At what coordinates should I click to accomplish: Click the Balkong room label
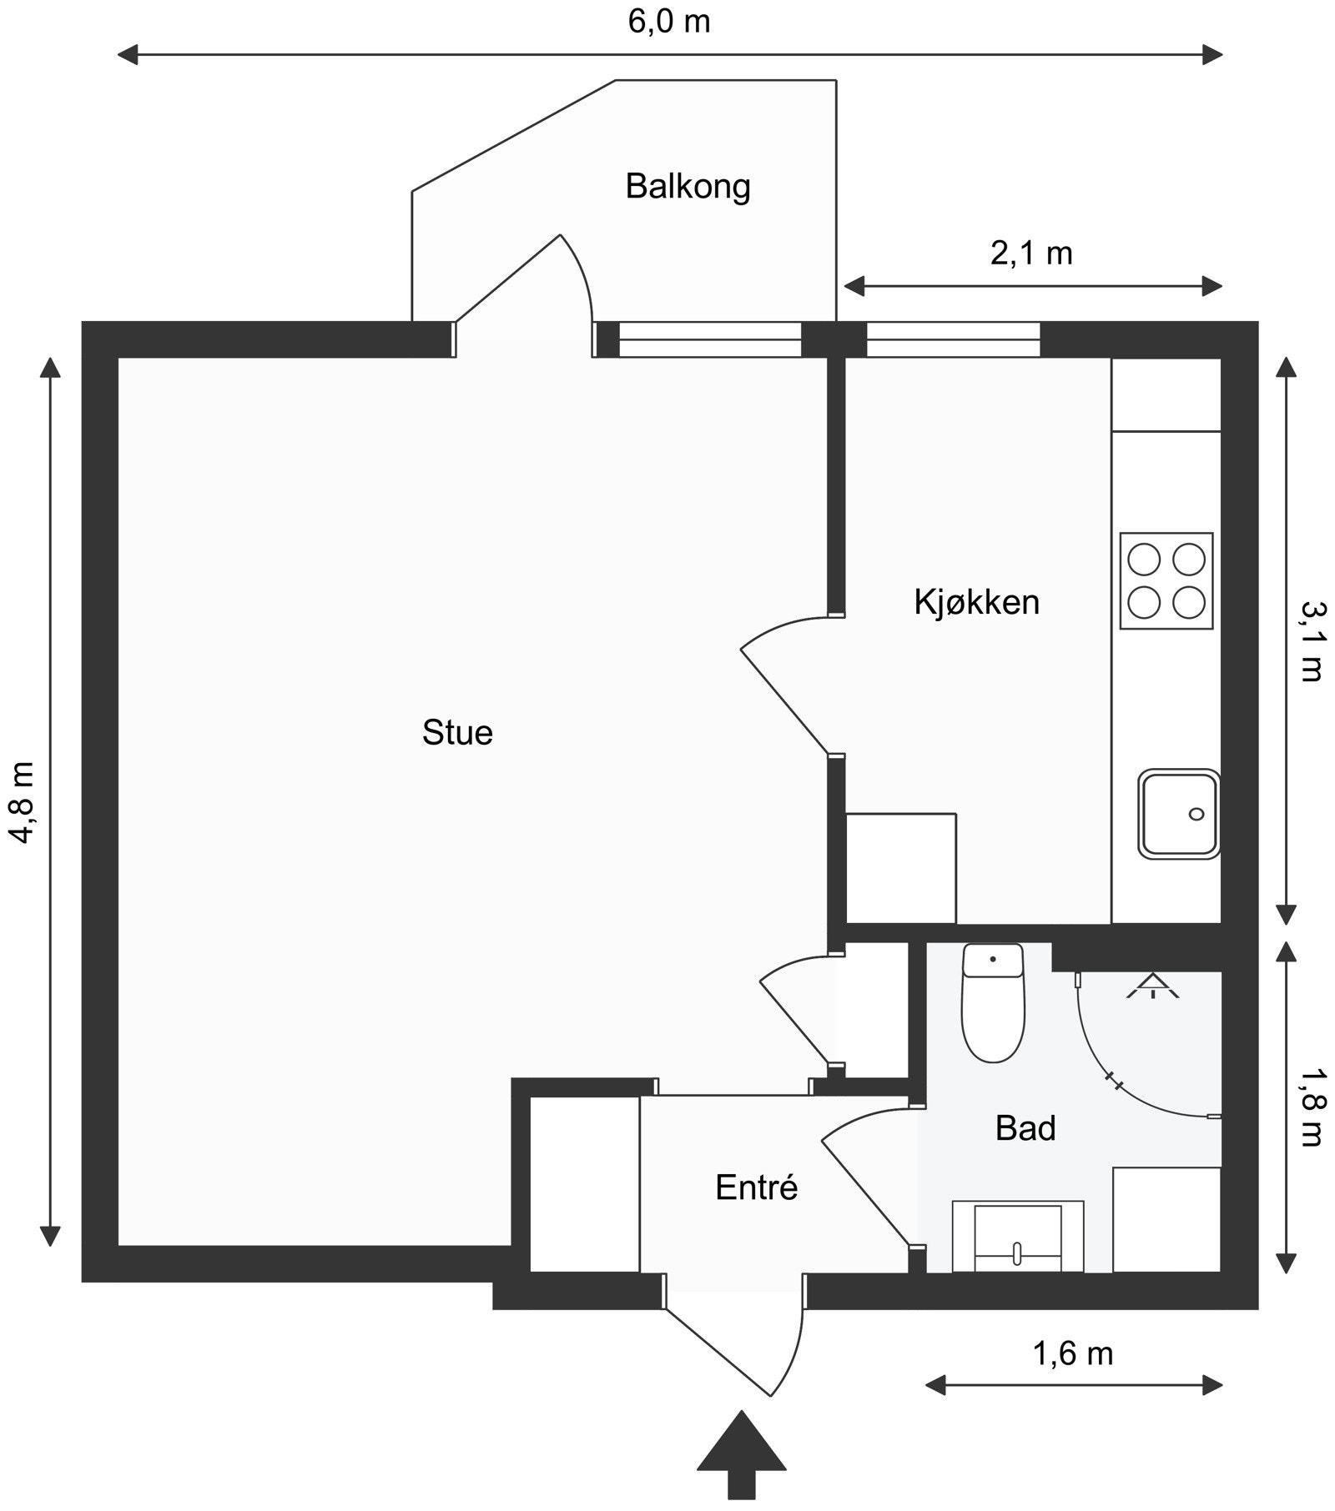click(x=688, y=187)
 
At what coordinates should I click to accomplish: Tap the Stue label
click(x=457, y=732)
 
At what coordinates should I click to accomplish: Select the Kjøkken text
click(x=977, y=602)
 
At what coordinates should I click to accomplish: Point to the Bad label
click(x=1025, y=1128)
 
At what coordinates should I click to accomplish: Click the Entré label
click(x=757, y=1187)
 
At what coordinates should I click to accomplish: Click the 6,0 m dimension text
click(x=669, y=22)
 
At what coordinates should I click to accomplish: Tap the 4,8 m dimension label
click(x=23, y=801)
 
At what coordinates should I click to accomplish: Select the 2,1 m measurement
click(x=1031, y=253)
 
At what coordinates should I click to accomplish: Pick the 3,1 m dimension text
click(x=1311, y=641)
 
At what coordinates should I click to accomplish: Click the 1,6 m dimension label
click(x=1073, y=1353)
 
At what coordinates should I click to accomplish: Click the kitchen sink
click(x=1179, y=814)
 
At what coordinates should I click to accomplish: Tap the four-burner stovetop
click(x=1166, y=580)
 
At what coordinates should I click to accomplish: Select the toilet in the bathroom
click(x=993, y=1002)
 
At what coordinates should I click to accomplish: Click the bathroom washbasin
click(x=1017, y=1237)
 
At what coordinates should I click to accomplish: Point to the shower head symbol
click(x=1153, y=985)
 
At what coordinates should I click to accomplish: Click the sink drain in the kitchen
click(x=1196, y=814)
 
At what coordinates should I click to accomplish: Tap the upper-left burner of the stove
click(x=1144, y=559)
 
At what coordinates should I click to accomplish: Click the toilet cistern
click(x=993, y=960)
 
